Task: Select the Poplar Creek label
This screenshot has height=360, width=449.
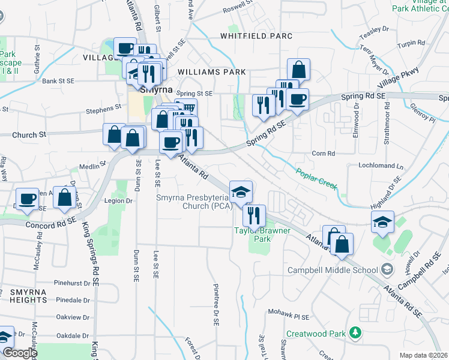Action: click(x=316, y=178)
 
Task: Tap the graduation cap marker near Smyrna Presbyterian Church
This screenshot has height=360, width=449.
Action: click(x=241, y=192)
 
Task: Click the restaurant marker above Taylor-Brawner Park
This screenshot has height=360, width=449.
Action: click(x=254, y=214)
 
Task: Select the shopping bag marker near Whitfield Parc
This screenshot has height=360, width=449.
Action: click(x=298, y=70)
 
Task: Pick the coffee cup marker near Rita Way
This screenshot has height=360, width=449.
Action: click(x=26, y=199)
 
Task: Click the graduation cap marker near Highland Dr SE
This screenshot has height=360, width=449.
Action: click(x=382, y=223)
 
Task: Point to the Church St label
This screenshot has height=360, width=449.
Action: click(x=29, y=135)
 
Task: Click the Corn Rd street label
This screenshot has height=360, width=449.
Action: click(x=323, y=154)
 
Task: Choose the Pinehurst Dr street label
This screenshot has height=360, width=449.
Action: click(x=71, y=282)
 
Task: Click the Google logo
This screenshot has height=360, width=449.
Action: click(x=19, y=353)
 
